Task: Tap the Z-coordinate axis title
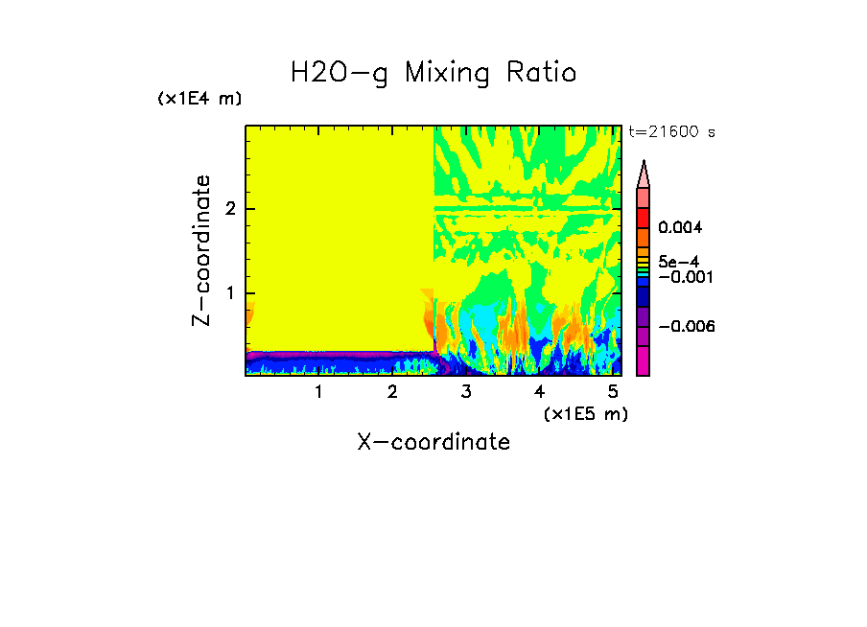click(201, 250)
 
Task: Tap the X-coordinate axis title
click(433, 442)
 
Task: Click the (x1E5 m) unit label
click(585, 413)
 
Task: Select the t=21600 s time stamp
click(671, 132)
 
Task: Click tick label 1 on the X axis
click(318, 391)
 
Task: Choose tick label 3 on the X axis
click(466, 391)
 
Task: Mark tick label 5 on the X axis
click(614, 391)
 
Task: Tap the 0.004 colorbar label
click(680, 228)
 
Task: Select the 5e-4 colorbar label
click(678, 261)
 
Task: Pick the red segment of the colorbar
click(644, 217)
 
